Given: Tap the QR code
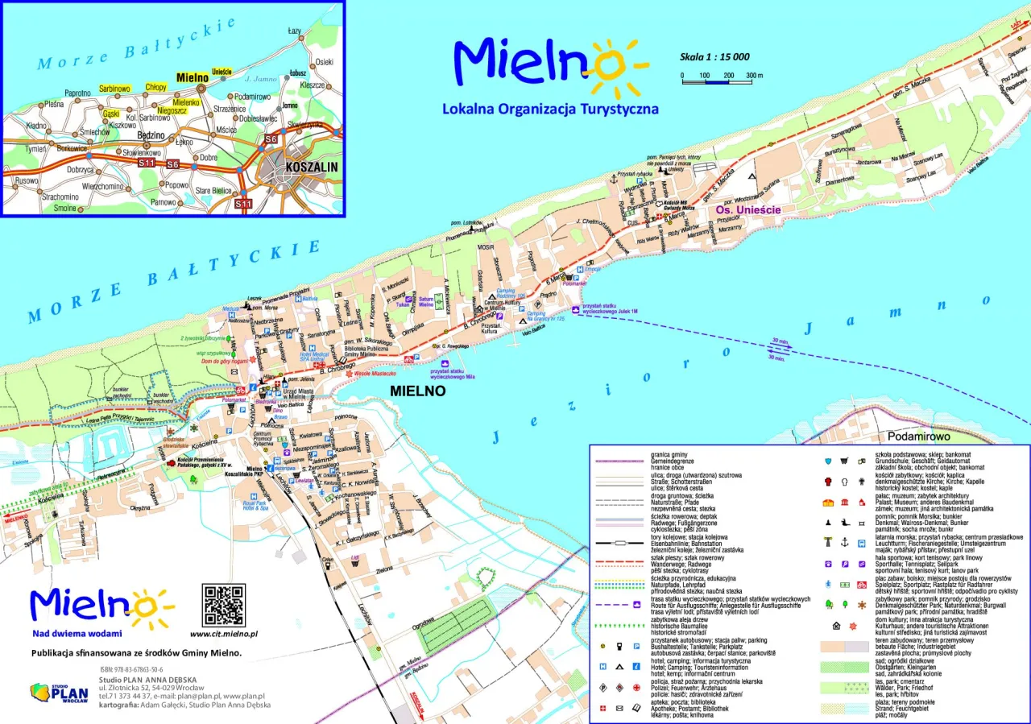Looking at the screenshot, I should click(x=223, y=606).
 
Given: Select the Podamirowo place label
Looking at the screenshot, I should click(x=919, y=436).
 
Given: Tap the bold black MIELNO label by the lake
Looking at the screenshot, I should click(x=417, y=391).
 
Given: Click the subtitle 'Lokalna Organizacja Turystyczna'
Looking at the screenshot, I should click(x=550, y=109).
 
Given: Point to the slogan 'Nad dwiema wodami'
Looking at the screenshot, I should click(x=77, y=634).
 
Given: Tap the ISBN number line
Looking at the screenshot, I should click(x=131, y=670).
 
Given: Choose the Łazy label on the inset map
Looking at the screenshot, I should click(x=295, y=31).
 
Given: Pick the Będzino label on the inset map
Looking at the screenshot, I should click(x=151, y=136).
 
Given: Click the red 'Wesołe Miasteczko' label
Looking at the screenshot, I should click(x=374, y=374).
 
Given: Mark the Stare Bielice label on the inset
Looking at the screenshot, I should click(x=214, y=191).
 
